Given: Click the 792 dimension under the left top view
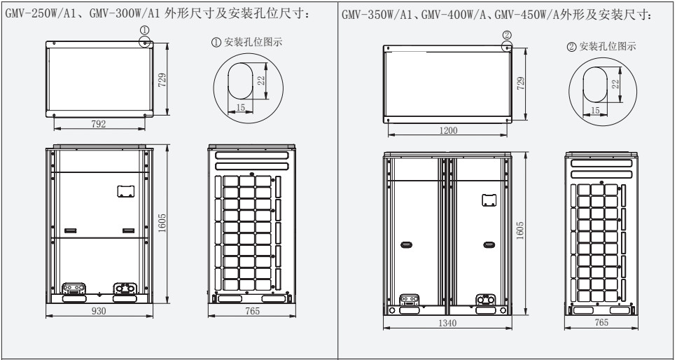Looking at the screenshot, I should [99, 124].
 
